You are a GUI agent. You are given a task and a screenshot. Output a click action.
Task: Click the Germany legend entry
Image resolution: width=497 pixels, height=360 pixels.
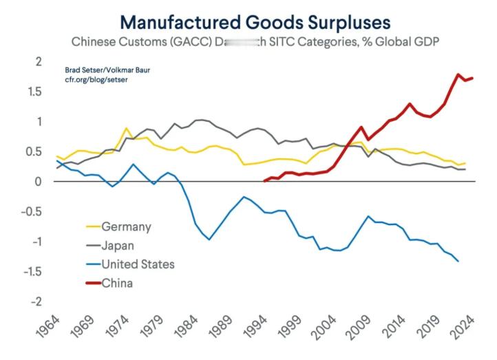click(126, 226)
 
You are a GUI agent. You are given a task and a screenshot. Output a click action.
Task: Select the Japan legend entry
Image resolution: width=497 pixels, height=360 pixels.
click(118, 245)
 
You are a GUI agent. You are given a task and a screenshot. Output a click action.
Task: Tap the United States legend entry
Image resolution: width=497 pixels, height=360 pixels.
click(138, 264)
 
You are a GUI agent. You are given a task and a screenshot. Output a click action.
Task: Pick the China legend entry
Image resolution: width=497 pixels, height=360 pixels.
click(117, 282)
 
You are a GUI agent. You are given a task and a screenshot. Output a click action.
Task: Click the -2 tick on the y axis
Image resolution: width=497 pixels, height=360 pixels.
click(36, 301)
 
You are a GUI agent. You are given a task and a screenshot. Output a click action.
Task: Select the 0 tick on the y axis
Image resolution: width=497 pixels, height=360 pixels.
click(39, 182)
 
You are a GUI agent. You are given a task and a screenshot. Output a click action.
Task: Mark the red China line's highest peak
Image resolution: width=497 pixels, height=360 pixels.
click(458, 74)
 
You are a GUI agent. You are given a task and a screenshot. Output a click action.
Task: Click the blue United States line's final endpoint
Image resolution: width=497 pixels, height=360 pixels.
click(458, 261)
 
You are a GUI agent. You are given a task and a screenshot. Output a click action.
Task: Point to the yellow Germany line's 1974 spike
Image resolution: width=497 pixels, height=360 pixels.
click(126, 129)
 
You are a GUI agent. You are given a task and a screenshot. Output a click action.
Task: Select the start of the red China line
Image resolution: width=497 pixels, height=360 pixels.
click(264, 181)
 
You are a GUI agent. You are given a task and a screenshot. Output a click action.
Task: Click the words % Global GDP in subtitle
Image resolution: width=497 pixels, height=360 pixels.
click(402, 41)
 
